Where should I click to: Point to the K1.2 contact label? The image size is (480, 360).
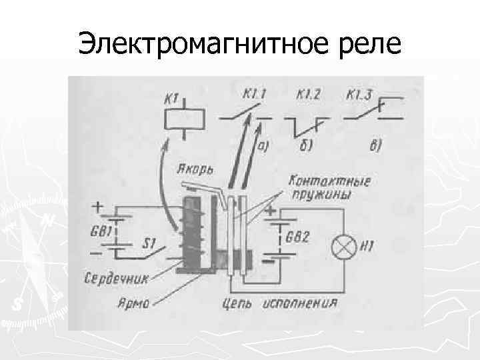click(303, 95)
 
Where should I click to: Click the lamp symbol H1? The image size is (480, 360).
click(345, 248)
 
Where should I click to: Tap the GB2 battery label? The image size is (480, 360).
click(298, 237)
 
